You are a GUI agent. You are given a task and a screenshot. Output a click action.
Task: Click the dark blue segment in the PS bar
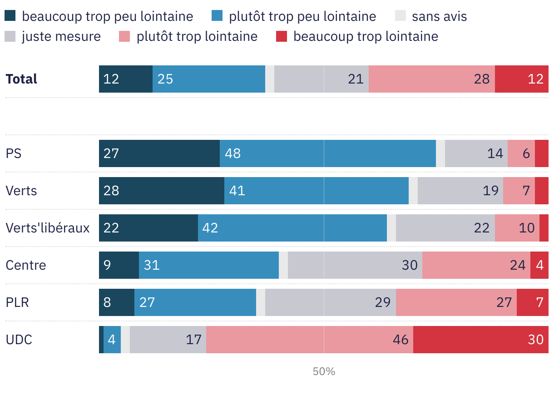click(159, 153)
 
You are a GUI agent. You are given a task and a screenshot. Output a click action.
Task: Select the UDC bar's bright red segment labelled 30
click(480, 340)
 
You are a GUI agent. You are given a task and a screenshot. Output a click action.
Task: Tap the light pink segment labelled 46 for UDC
click(309, 340)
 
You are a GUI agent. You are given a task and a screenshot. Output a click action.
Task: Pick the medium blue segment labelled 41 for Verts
click(316, 191)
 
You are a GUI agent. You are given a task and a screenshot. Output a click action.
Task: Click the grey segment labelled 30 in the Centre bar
click(355, 265)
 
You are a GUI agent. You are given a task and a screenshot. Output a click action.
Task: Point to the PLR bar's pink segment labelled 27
click(456, 302)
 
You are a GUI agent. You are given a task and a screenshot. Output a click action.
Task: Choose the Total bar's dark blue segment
click(125, 79)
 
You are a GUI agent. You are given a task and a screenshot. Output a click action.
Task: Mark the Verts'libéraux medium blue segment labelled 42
click(292, 228)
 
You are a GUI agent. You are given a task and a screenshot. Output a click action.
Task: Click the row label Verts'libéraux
click(47, 228)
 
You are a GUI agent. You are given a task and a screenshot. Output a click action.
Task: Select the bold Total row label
click(21, 79)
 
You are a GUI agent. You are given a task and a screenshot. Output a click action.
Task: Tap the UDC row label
click(19, 340)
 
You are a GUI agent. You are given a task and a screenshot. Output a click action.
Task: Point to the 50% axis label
click(324, 371)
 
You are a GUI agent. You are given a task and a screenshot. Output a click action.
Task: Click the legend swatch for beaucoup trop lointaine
click(282, 36)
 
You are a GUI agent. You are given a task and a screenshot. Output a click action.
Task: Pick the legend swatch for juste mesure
click(10, 36)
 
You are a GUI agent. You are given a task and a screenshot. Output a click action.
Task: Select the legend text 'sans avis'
click(439, 17)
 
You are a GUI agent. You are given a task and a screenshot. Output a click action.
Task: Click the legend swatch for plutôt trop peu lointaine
click(217, 17)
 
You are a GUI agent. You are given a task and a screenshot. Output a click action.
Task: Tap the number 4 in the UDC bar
click(112, 340)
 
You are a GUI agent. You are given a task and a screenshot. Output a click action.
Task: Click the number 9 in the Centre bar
click(107, 265)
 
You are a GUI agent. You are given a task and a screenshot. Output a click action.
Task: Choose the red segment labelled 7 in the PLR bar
click(532, 302)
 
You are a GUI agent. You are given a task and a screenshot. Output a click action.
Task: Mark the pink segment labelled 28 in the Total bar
click(431, 79)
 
